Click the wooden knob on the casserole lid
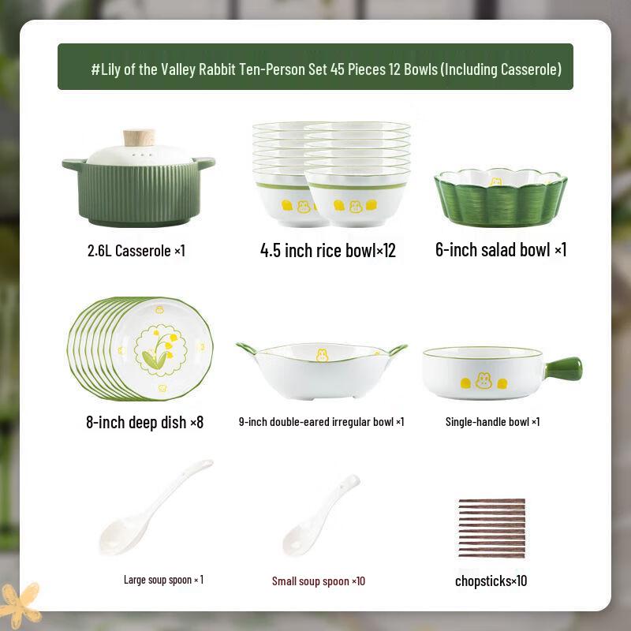[139, 137]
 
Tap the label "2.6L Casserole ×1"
[136, 251]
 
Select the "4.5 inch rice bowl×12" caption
[327, 251]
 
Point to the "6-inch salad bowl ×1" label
[501, 250]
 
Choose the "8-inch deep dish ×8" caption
[144, 422]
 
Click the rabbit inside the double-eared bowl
[322, 355]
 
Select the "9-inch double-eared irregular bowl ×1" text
[321, 422]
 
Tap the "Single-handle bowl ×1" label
[492, 422]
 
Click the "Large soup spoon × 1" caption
[163, 580]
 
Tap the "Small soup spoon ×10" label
[319, 581]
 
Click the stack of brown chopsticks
[491, 528]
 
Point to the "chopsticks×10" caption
[491, 581]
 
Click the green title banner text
[326, 69]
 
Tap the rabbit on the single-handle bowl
[483, 381]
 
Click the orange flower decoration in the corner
[21, 603]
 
